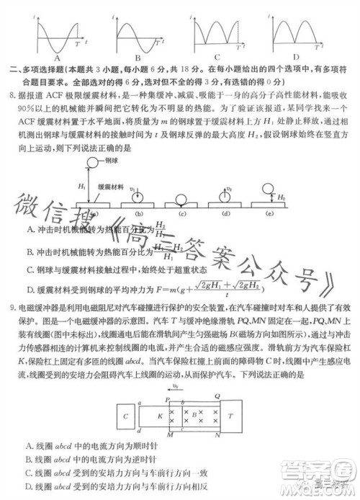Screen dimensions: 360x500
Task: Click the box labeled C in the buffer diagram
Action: click(127, 416)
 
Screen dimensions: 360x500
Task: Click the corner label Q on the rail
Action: click(217, 395)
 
